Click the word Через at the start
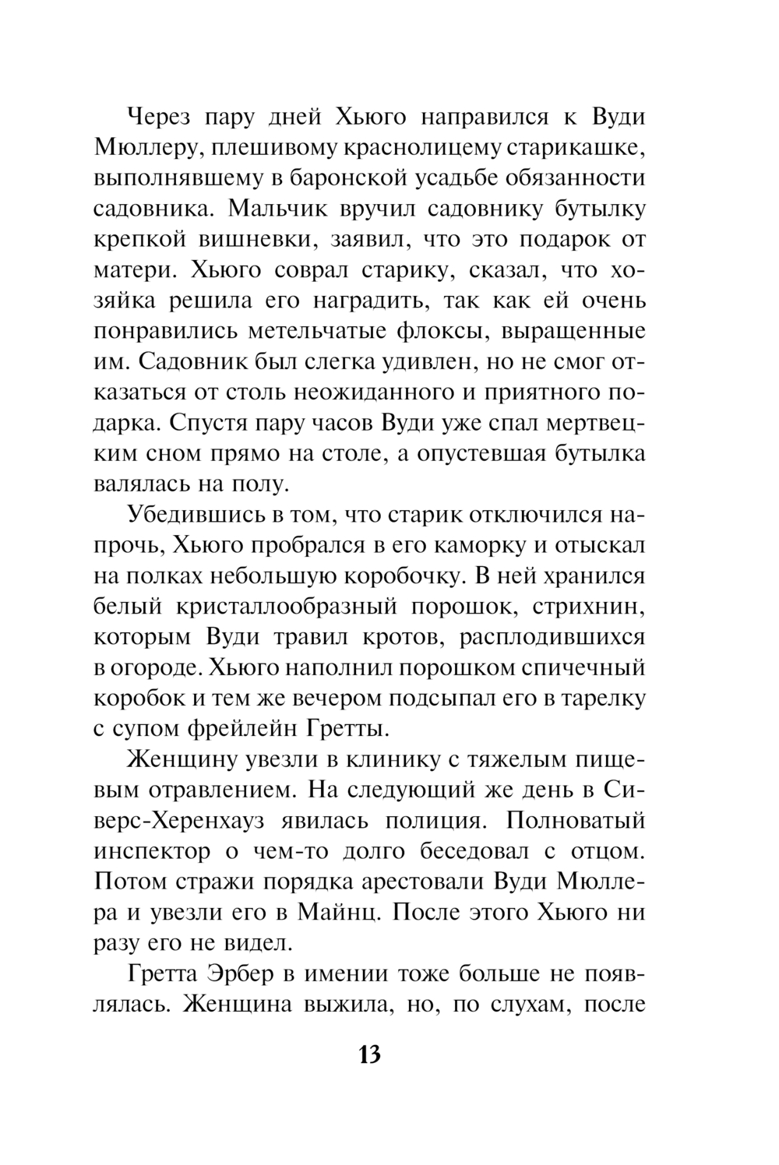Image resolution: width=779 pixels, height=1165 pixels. (x=164, y=118)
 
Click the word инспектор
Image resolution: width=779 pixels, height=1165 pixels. (x=152, y=851)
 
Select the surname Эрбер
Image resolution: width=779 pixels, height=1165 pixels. (x=270, y=973)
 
